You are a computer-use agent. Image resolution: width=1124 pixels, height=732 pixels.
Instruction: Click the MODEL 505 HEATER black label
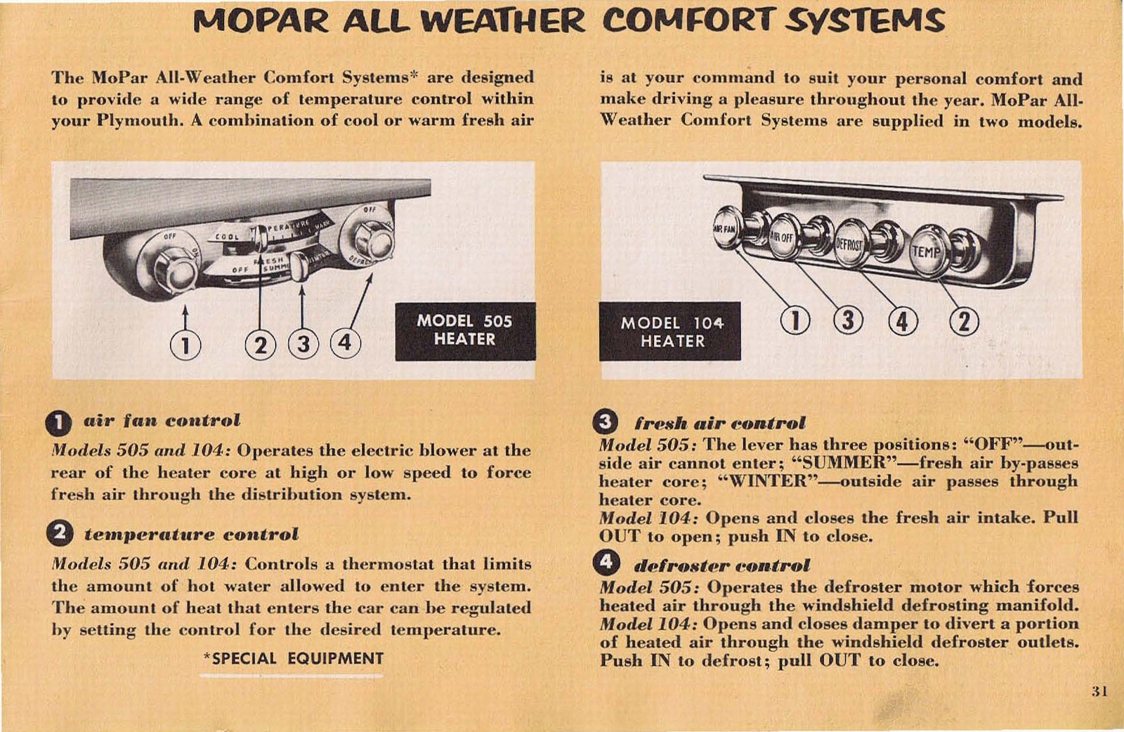click(464, 331)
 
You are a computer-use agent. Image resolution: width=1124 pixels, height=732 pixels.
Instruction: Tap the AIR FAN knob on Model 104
click(726, 228)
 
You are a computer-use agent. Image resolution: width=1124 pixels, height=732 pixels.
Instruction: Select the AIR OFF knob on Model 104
click(782, 237)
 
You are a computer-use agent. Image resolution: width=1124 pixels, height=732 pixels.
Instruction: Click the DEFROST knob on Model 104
click(849, 244)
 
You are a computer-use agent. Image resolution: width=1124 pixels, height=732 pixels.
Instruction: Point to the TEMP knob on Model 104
click(927, 250)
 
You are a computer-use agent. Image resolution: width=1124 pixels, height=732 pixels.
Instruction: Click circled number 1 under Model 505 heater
click(185, 346)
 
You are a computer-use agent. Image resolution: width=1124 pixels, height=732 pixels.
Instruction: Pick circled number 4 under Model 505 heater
click(345, 344)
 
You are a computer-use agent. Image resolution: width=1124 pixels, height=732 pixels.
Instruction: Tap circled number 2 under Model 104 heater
click(964, 321)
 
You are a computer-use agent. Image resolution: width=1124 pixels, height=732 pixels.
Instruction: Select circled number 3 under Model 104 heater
click(848, 320)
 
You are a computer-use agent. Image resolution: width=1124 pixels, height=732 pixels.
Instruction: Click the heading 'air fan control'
click(162, 420)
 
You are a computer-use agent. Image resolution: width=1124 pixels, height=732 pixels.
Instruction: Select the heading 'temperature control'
click(191, 534)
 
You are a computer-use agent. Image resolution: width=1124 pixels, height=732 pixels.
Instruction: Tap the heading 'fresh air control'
click(719, 423)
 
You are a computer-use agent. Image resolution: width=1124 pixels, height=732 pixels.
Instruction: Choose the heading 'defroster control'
click(721, 566)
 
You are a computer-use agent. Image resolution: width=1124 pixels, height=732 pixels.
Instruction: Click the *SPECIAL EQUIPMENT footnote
click(293, 658)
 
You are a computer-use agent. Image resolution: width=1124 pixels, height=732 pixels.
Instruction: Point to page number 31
click(1099, 691)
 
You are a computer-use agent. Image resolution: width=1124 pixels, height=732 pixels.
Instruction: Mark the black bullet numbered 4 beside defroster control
click(606, 563)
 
